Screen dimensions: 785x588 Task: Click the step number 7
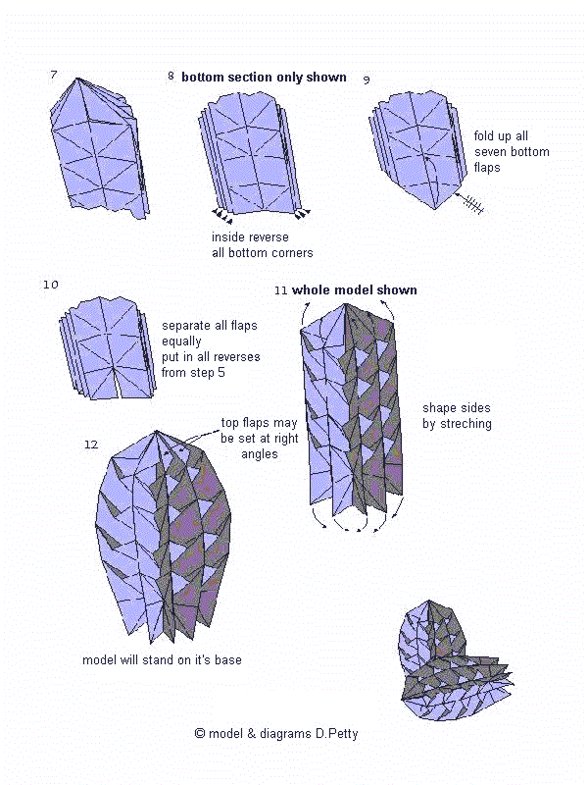(x=53, y=75)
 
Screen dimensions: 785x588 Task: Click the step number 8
(x=171, y=76)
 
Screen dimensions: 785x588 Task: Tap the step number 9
(x=366, y=78)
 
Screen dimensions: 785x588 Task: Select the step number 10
(x=51, y=285)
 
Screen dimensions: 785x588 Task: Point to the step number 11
(x=281, y=290)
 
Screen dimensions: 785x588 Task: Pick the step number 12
(x=91, y=445)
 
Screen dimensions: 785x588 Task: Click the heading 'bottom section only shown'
(x=264, y=77)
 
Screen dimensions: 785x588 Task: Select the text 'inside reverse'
(x=250, y=237)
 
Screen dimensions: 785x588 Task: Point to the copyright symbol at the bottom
(x=200, y=733)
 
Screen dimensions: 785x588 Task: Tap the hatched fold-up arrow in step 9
(x=473, y=202)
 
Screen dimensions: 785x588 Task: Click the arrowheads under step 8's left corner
(x=223, y=212)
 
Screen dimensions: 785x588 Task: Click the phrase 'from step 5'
(x=195, y=373)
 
